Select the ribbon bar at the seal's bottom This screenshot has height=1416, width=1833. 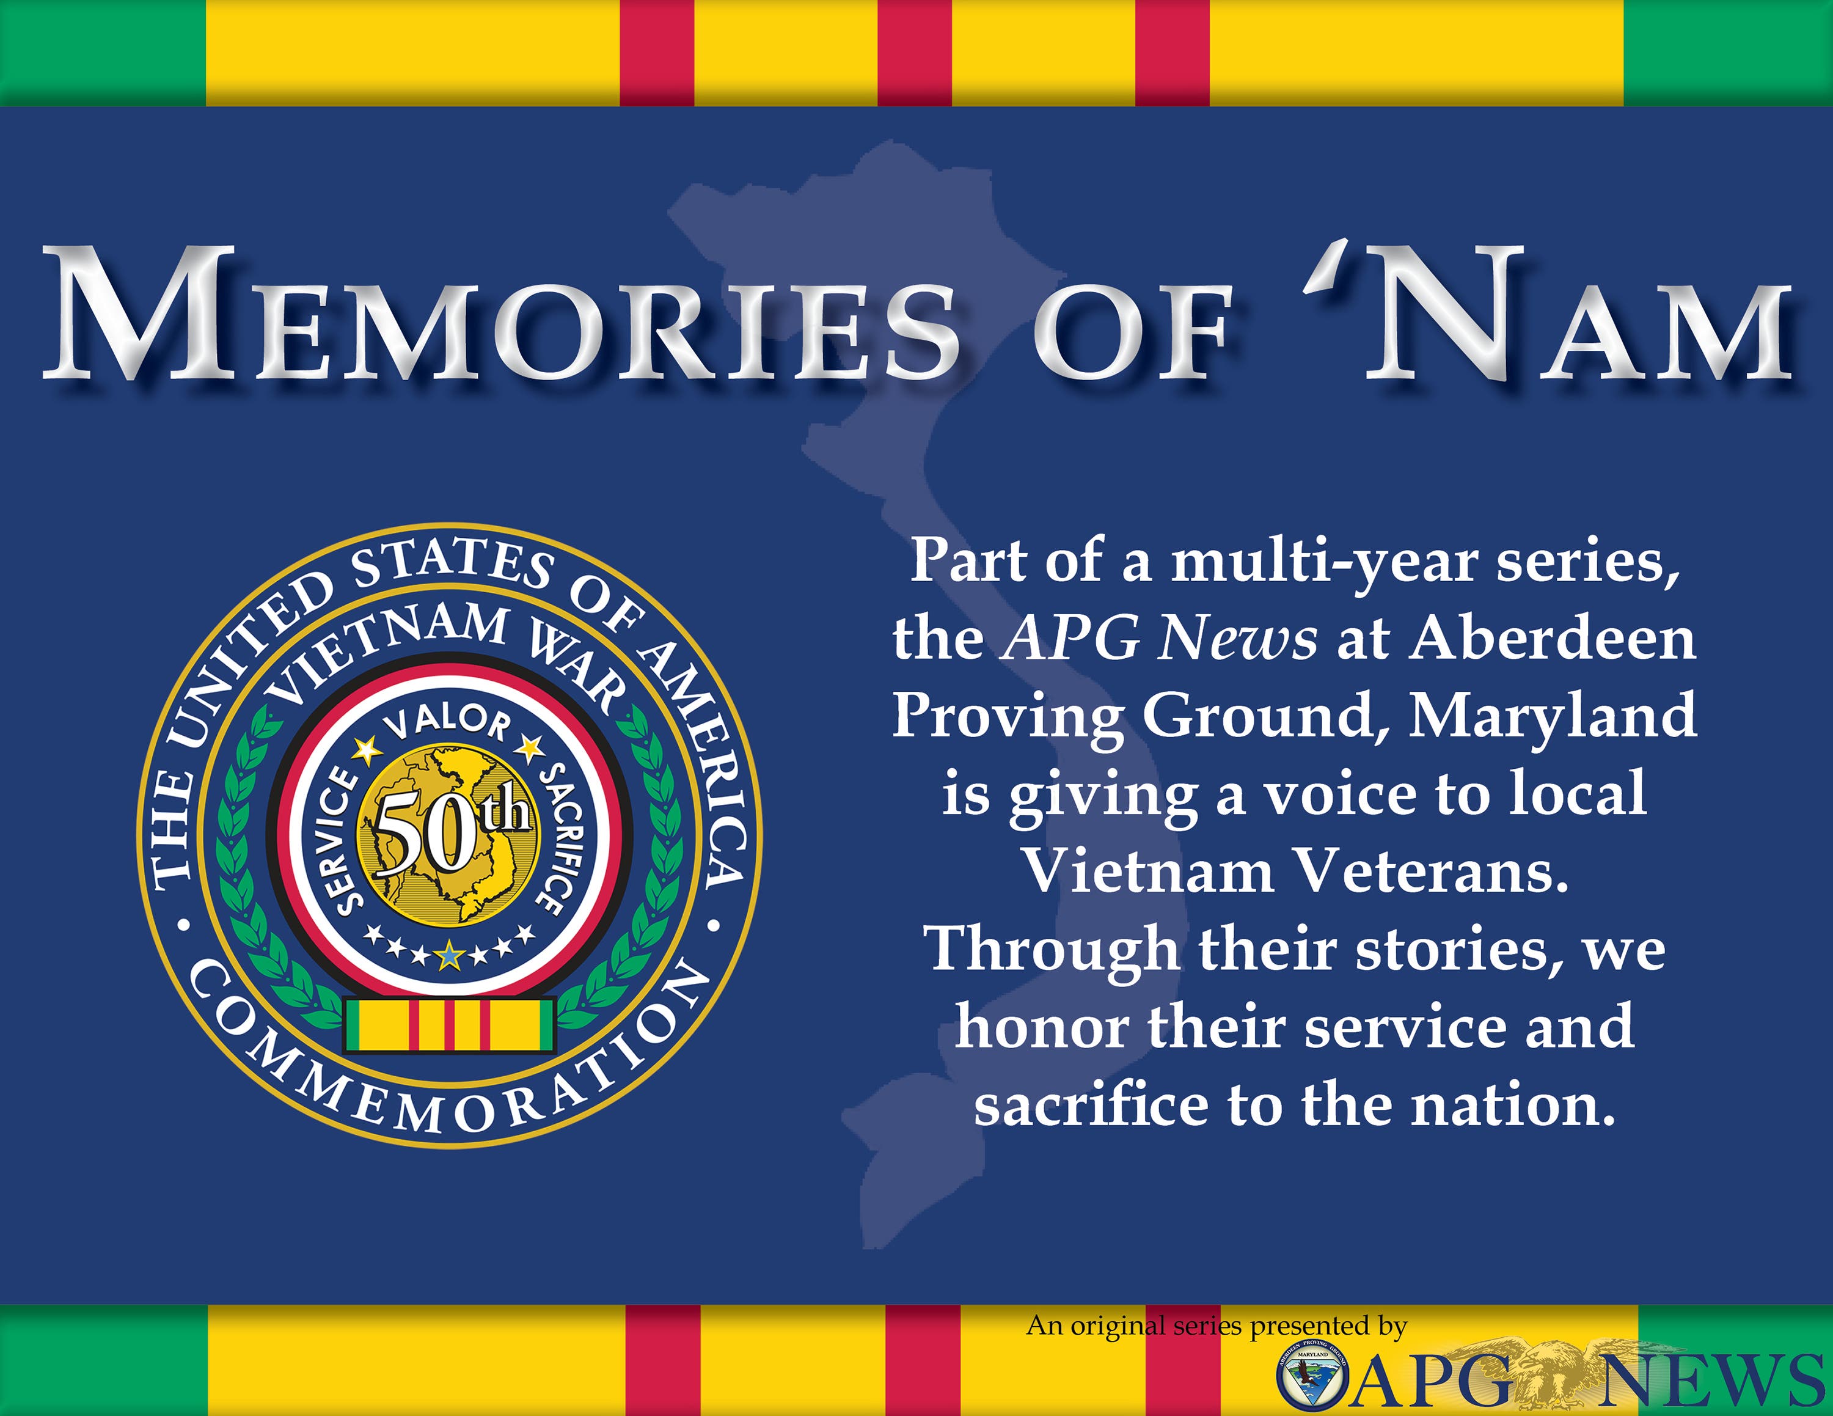[x=449, y=1024]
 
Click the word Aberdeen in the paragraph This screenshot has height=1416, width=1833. [x=1553, y=640]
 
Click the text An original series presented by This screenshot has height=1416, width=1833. [x=1217, y=1326]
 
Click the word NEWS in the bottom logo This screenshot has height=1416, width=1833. [x=1712, y=1381]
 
